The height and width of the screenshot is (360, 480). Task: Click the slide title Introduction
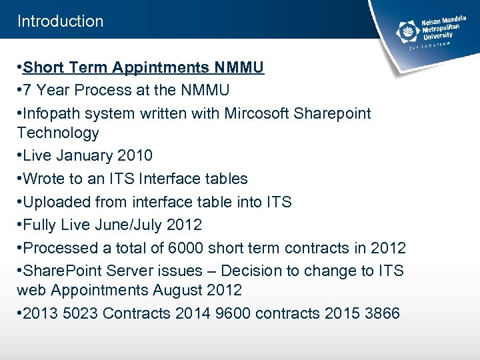tap(60, 21)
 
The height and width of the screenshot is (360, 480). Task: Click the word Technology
tap(58, 133)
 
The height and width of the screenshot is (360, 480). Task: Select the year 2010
tap(134, 156)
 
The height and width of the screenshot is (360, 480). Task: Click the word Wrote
tap(45, 179)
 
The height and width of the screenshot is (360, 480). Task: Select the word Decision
tap(252, 271)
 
